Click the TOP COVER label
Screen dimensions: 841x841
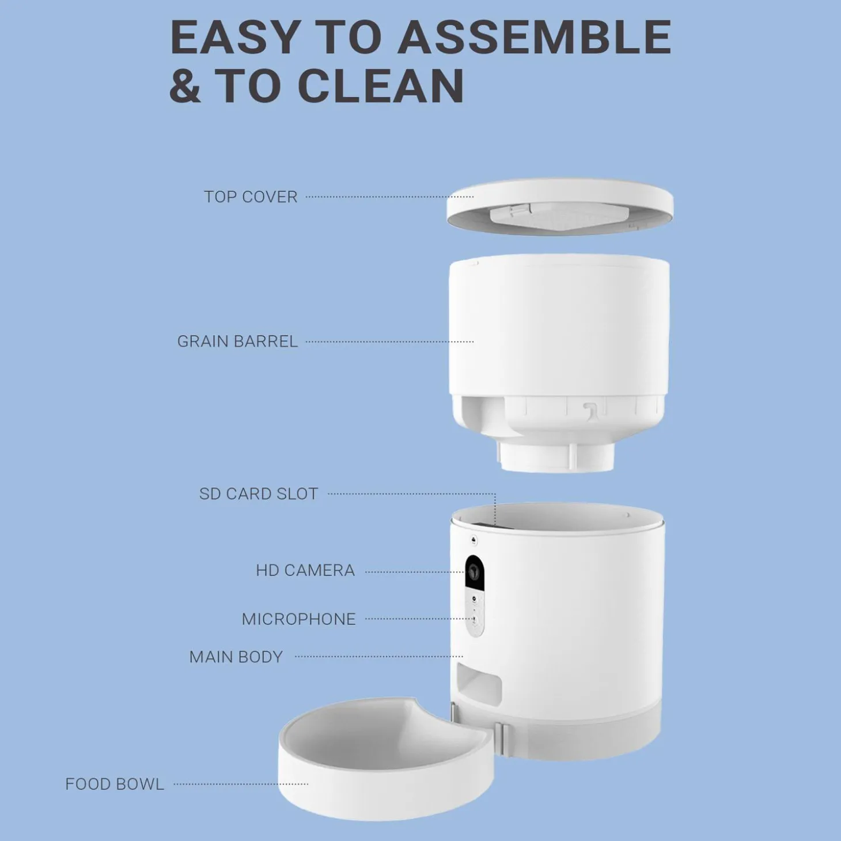pos(251,197)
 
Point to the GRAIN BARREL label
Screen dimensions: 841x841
pos(237,341)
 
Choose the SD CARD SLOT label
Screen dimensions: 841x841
pos(259,494)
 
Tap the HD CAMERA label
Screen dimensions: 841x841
pos(305,570)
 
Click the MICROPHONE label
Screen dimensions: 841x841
pos(298,619)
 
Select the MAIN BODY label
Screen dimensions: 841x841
pos(236,657)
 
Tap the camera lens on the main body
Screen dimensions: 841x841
pos(473,570)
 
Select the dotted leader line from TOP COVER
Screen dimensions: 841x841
pos(389,197)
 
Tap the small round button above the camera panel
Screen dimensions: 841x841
pos(474,540)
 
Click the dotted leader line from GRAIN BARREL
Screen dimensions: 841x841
pos(389,342)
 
